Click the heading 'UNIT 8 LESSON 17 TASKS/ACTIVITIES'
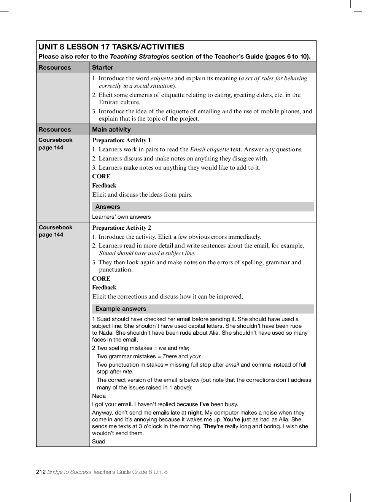click(111, 47)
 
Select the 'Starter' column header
click(102, 68)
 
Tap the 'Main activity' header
click(111, 130)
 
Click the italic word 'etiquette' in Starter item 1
click(162, 78)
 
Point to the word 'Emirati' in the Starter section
click(109, 102)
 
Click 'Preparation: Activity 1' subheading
click(121, 140)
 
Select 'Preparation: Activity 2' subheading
click(121, 228)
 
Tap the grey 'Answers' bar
click(108, 207)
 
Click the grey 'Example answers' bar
click(121, 309)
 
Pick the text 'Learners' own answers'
click(121, 217)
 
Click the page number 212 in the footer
click(41, 472)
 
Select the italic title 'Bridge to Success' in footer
click(69, 472)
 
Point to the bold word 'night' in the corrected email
click(194, 413)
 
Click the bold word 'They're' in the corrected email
click(213, 426)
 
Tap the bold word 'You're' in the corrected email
click(232, 419)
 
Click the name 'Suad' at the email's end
click(99, 442)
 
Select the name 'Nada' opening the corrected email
click(99, 396)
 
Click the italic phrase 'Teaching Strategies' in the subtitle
click(139, 57)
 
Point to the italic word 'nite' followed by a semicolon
click(183, 348)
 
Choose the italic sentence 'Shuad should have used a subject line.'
click(147, 253)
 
